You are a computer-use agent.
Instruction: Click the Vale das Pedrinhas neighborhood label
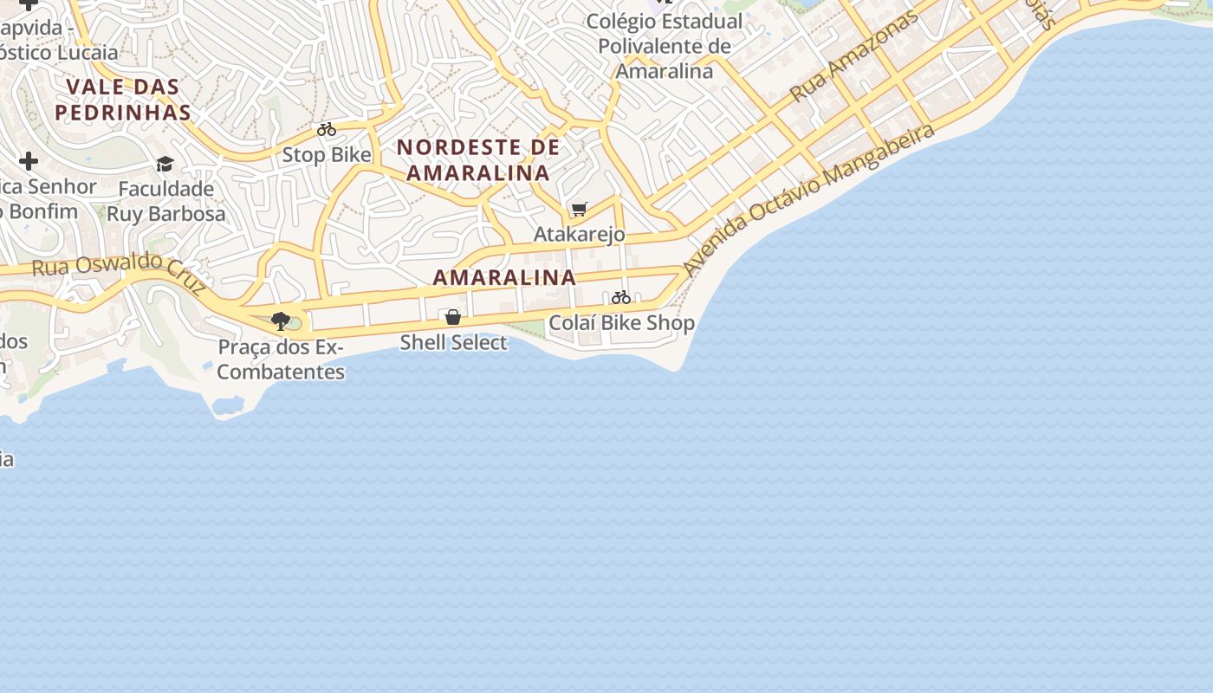[122, 99]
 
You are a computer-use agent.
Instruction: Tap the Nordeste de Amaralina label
[478, 159]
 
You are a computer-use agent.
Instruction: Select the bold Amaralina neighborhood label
[504, 277]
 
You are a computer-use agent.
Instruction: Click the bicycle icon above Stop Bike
[327, 130]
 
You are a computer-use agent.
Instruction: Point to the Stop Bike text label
[327, 155]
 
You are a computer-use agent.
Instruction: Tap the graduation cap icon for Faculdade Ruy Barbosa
[165, 164]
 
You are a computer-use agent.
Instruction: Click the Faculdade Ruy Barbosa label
[165, 201]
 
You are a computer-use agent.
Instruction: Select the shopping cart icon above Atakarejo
[580, 209]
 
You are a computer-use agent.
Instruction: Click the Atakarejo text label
[579, 234]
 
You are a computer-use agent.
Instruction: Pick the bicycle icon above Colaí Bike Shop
[621, 297]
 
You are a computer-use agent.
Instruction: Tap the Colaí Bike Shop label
[621, 323]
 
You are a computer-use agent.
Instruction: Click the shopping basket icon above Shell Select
[452, 317]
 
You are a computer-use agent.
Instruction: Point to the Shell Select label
[453, 342]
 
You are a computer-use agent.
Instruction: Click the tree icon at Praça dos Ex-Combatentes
[280, 321]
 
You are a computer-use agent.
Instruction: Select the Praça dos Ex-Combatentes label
[281, 359]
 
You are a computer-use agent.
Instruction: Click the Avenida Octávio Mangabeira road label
[809, 200]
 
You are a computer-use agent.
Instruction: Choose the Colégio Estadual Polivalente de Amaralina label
[665, 46]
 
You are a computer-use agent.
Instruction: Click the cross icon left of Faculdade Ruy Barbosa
[29, 161]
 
